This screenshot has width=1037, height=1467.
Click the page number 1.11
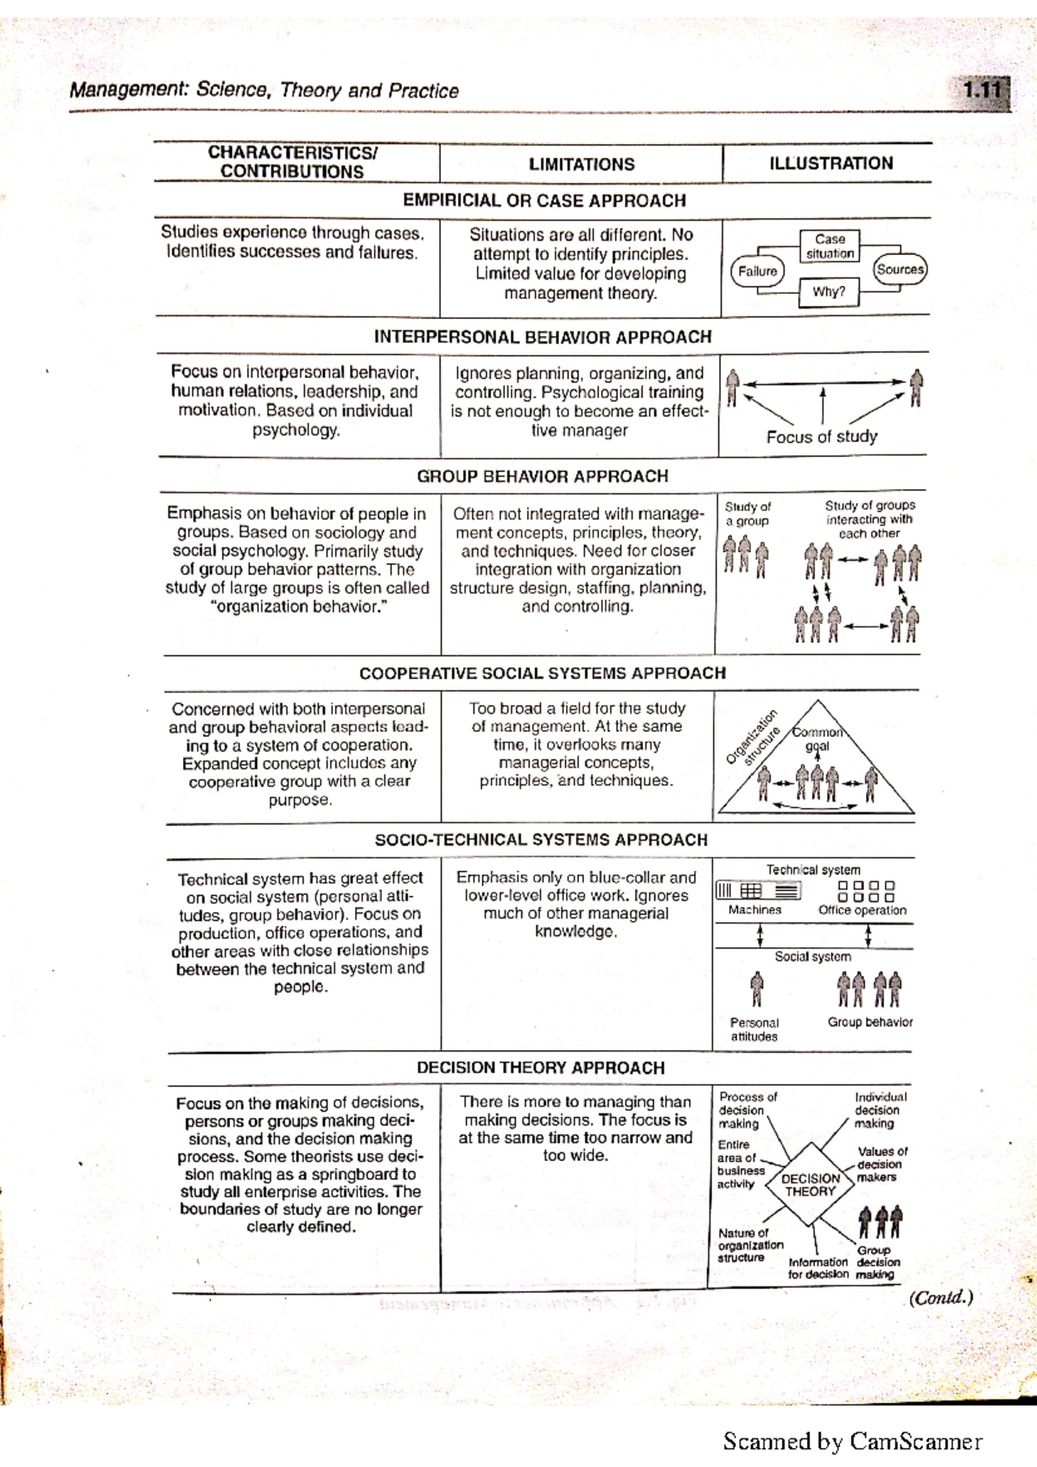[x=983, y=90]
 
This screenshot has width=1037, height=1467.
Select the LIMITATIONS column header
[x=581, y=164]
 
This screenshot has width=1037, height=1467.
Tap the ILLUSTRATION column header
[x=830, y=163]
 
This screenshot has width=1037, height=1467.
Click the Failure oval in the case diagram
[x=757, y=271]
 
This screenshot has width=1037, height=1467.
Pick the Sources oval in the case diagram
[x=900, y=270]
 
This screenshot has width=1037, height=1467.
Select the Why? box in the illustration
[x=828, y=292]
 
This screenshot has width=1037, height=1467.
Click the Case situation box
[x=830, y=246]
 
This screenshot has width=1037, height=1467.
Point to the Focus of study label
[x=821, y=437]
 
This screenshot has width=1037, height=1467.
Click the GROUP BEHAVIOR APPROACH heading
[x=542, y=476]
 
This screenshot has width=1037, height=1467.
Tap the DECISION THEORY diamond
[x=810, y=1184]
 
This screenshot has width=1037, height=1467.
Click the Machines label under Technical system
[x=754, y=910]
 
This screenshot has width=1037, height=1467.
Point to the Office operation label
[x=862, y=910]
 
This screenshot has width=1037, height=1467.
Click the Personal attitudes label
[x=754, y=1029]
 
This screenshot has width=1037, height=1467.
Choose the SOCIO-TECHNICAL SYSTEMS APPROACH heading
[x=541, y=840]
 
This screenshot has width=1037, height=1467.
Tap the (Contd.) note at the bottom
[x=940, y=1298]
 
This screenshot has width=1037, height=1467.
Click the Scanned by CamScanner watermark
[x=852, y=1441]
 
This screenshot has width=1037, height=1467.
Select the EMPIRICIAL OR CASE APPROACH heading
[x=544, y=200]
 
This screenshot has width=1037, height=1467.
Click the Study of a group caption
[x=748, y=513]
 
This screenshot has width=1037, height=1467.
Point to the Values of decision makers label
[x=881, y=1164]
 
